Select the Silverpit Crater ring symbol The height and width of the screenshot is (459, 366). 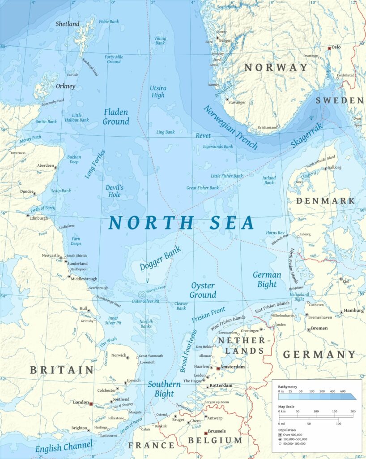click(x=142, y=294)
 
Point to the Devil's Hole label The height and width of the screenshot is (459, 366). click(x=114, y=191)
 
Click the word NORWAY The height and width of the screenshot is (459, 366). click(x=276, y=68)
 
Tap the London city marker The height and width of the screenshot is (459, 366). click(x=91, y=403)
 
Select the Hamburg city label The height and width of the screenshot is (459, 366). click(x=353, y=311)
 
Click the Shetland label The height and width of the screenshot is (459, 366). click(x=68, y=24)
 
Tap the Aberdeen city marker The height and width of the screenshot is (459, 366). click(x=56, y=166)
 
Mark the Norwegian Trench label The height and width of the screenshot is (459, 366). click(x=230, y=127)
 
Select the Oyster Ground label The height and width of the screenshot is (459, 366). click(x=203, y=290)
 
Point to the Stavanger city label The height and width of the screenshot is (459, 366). click(x=237, y=102)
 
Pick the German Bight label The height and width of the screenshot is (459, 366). click(x=267, y=279)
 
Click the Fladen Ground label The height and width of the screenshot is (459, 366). click(x=116, y=117)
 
